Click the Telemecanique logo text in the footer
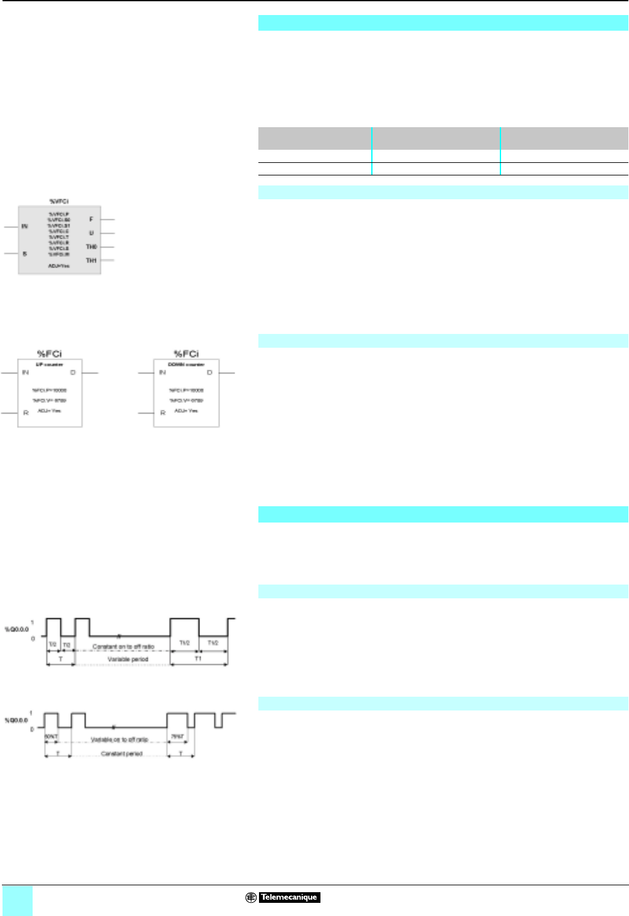289,897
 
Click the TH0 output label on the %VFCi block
92,247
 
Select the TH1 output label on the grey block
92,260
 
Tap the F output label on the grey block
92,219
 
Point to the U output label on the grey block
92,233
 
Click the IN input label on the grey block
25,226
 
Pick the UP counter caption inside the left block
49,365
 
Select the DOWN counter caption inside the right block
186,365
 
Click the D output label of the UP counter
73,373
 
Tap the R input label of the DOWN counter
162,413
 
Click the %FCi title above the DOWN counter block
186,354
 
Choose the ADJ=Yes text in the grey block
59,266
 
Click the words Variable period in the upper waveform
128,659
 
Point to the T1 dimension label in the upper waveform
198,658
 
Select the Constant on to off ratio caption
123,646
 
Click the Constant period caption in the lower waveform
122,754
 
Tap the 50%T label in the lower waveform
51,736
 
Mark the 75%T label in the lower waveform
177,736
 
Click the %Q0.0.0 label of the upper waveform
17,628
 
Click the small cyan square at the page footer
17,901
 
